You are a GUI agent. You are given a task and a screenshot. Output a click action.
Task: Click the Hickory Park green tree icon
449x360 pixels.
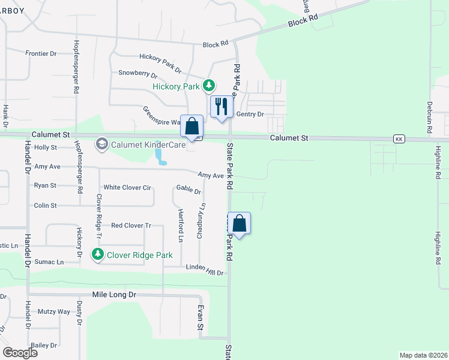(208, 86)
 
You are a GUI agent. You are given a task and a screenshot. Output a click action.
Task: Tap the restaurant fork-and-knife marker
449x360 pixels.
(221, 107)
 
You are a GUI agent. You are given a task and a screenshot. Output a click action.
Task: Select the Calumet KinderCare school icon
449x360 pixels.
(101, 144)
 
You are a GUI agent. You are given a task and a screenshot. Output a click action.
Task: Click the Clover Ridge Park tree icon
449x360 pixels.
(97, 254)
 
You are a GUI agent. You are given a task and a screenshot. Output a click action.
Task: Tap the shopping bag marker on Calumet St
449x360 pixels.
(192, 127)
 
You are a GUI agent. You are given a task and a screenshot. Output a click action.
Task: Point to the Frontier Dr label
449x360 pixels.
(41, 53)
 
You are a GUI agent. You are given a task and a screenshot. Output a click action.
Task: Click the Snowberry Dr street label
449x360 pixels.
(137, 74)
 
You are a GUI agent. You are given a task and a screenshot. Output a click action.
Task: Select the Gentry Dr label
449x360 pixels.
(250, 114)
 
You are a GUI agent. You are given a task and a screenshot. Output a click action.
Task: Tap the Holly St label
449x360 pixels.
(46, 147)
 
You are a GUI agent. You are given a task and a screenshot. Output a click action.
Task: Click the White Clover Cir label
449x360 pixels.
(127, 188)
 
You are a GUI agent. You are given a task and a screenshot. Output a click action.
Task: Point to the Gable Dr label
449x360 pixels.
(188, 190)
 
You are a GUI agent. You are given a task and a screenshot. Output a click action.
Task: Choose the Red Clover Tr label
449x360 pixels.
(131, 226)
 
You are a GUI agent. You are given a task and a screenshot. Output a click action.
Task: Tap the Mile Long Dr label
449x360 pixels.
(114, 295)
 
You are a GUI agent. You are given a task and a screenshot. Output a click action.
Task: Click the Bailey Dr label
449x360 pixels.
(45, 345)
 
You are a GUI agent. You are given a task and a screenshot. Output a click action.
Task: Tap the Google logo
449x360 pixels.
(20, 353)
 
